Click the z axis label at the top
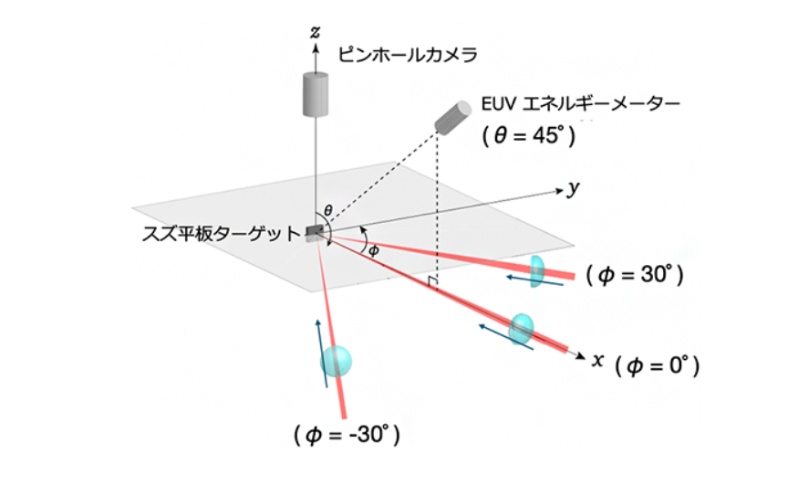pos(315,33)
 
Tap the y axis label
pos(573,188)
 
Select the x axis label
pos(597,360)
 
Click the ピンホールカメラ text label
pos(408,55)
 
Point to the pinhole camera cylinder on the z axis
pos(316,94)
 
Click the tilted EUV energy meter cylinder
pos(452,118)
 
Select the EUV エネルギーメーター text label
pos(581,104)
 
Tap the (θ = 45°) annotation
pos(529,135)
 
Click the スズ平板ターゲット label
pos(221,234)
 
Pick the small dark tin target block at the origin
pos(315,232)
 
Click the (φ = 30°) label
pos(635,275)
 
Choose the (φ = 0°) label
pos(658,366)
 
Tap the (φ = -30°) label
pos(347,435)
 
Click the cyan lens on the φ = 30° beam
pos(537,271)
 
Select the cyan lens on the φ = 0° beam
pos(521,330)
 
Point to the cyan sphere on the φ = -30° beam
pos(336,361)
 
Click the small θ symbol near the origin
pos(328,210)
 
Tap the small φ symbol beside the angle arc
pos(373,250)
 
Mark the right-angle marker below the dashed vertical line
pos(432,282)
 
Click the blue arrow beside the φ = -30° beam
pos(322,353)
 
